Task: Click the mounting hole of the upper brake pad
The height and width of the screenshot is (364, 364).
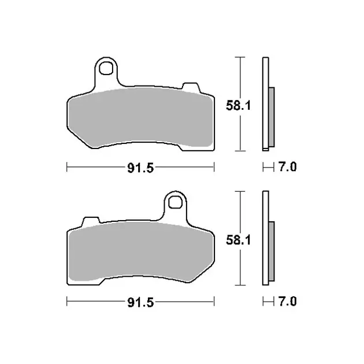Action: [106, 68]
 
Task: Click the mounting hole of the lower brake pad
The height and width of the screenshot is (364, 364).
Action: [175, 202]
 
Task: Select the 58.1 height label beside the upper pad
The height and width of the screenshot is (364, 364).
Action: [239, 106]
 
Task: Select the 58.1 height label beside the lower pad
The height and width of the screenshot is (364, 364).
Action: [239, 240]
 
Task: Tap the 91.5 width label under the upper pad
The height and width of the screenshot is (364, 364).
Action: [140, 168]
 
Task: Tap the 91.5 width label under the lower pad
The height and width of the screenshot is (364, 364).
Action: [140, 302]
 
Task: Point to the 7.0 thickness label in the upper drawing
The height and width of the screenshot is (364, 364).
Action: [287, 167]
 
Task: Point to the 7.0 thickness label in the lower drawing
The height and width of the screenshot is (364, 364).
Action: [287, 302]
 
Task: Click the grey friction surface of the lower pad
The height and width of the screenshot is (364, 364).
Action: [140, 252]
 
